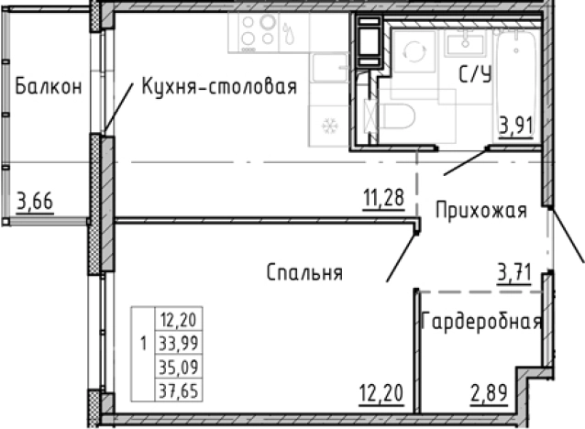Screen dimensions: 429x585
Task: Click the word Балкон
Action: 50,87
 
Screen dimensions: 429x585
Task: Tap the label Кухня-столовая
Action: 219,87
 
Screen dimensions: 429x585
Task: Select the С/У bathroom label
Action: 475,76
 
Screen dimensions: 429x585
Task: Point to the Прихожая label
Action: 480,211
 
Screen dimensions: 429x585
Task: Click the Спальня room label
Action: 304,272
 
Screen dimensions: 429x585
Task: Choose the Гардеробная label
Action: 482,323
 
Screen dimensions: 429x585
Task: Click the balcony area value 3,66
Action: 34,199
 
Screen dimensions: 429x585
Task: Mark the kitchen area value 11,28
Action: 382,197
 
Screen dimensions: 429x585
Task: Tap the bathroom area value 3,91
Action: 515,124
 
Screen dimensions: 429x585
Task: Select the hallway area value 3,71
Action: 515,271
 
